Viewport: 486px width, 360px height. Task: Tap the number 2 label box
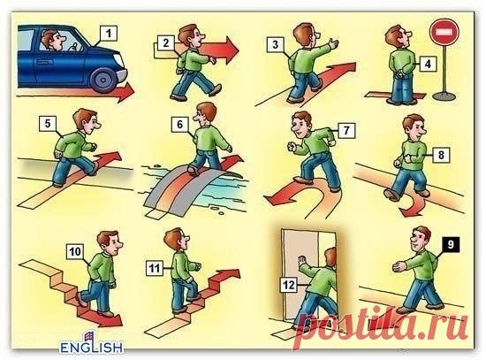point(164,42)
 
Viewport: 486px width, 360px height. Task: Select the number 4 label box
point(426,64)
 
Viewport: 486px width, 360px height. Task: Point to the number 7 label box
point(346,130)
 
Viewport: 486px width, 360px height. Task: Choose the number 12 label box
point(287,284)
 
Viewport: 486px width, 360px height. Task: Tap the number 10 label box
point(75,250)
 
